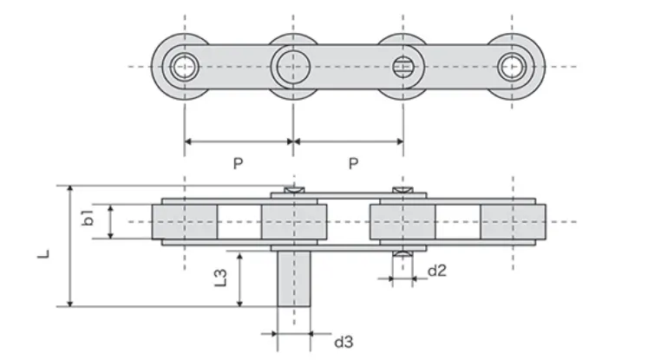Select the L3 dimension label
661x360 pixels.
tap(221, 278)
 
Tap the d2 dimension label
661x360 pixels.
tap(437, 272)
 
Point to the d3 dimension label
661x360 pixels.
tap(344, 341)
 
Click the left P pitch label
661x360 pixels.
tap(239, 163)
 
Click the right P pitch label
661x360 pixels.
tap(353, 163)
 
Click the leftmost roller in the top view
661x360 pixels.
tap(184, 67)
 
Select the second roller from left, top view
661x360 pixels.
tap(293, 67)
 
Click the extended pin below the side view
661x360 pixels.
tap(293, 278)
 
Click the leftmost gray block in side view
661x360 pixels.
tap(185, 221)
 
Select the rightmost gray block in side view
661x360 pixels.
tap(514, 221)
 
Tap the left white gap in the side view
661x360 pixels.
tap(239, 221)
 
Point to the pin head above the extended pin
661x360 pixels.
tap(293, 188)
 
